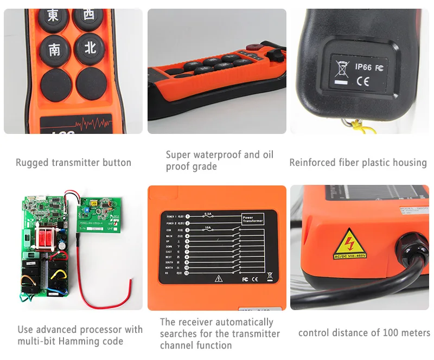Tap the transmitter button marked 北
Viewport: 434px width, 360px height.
click(90, 48)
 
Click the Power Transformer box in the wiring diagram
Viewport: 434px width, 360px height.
click(252, 220)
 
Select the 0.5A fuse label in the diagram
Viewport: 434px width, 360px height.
click(207, 213)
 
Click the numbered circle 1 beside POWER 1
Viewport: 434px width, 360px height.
click(187, 216)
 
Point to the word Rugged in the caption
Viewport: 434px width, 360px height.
click(32, 162)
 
